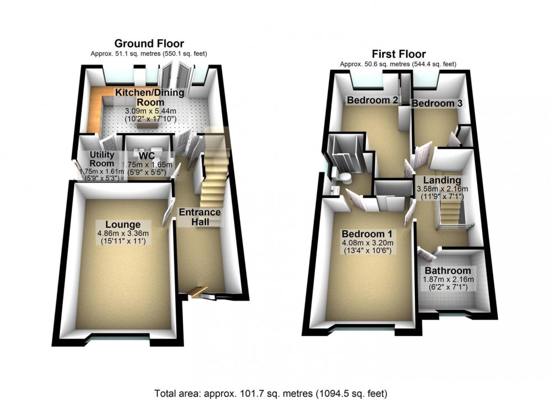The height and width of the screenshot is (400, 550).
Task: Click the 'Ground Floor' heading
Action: (149, 43)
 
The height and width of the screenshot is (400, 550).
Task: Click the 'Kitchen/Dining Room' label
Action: (140, 97)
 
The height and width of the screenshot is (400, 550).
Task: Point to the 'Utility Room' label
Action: (102, 159)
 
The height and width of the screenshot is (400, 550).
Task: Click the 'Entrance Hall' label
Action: (199, 218)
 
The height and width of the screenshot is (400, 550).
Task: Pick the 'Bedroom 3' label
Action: (433, 103)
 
